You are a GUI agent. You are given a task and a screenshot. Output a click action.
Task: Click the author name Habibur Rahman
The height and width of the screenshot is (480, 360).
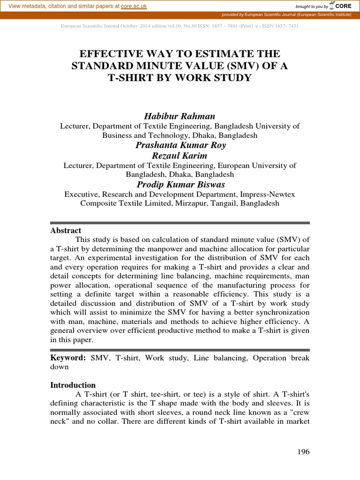[x=180, y=116]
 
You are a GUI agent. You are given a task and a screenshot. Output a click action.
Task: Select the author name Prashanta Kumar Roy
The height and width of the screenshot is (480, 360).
[x=180, y=145]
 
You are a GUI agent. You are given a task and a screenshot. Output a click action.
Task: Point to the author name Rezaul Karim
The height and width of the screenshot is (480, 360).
[x=180, y=155]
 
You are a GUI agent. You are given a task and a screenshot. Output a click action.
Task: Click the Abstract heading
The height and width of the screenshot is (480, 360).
[x=66, y=231]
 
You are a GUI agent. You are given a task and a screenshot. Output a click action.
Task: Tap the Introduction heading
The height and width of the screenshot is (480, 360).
[x=73, y=385]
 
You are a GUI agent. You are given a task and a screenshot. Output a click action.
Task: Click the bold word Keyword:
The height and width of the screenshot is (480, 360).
[x=68, y=358]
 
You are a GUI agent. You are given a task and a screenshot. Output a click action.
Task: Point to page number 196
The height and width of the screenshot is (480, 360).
[x=303, y=452]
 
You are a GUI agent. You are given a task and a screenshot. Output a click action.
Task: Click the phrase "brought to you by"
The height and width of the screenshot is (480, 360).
[x=312, y=7]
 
